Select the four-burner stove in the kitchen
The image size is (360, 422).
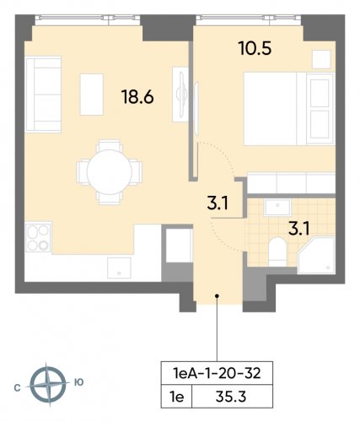pyautogui.click(x=39, y=238)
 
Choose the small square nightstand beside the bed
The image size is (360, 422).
pyautogui.click(x=320, y=58)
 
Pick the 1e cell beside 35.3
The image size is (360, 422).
pyautogui.click(x=176, y=394)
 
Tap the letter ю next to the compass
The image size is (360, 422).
pyautogui.click(x=79, y=383)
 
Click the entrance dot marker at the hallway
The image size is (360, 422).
pyautogui.click(x=217, y=296)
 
